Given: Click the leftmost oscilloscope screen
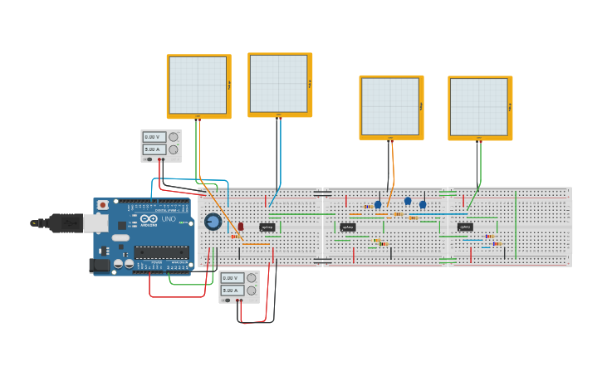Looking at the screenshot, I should click(x=197, y=85).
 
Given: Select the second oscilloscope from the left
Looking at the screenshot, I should click(x=279, y=83).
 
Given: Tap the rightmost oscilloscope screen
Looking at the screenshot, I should click(x=478, y=106).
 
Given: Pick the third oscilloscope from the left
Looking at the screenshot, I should click(x=389, y=105).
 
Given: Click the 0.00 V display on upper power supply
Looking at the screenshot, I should click(x=154, y=138).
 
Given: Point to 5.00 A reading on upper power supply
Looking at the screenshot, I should click(x=154, y=149).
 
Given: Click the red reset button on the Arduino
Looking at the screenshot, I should click(x=103, y=205).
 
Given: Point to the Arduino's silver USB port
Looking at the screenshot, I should click(x=93, y=222).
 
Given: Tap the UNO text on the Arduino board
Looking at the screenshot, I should click(x=169, y=219).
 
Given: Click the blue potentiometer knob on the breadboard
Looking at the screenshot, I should click(x=213, y=222).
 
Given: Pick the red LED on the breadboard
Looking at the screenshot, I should click(x=241, y=226).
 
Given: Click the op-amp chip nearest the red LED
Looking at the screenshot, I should click(x=267, y=227).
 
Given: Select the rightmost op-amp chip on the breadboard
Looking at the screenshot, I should click(x=465, y=227).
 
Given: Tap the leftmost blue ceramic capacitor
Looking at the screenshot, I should click(x=378, y=204).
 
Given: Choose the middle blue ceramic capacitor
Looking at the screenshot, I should click(x=408, y=201).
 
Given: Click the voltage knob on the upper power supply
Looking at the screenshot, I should click(x=173, y=137).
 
